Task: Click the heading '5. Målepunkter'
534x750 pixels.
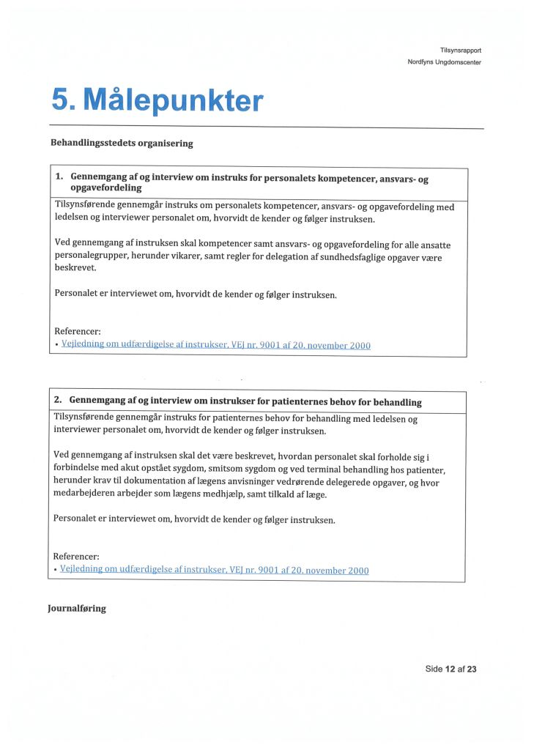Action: click(x=157, y=100)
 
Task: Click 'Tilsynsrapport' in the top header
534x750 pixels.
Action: click(x=460, y=50)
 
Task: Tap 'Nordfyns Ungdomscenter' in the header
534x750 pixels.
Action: click(x=444, y=62)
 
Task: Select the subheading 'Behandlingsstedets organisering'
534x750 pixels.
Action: click(x=122, y=144)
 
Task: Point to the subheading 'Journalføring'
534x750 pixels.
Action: click(x=77, y=609)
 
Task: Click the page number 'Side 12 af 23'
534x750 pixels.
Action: click(x=450, y=669)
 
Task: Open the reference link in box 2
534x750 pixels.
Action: click(x=215, y=570)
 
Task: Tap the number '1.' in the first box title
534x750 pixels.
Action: click(x=60, y=177)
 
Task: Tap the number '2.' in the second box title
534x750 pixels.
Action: click(x=59, y=401)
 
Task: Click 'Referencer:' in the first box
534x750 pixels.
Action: click(x=78, y=331)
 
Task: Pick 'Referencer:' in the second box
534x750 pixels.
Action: click(x=76, y=556)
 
